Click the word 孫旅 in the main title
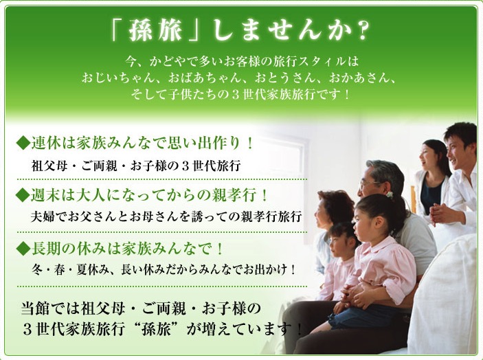(x=156, y=30)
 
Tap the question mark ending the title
(x=359, y=31)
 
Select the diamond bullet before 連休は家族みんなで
(x=23, y=144)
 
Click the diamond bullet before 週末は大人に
(x=23, y=195)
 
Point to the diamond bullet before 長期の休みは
(x=23, y=249)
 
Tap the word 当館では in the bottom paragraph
(x=49, y=308)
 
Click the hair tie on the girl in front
(x=390, y=194)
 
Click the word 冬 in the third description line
(x=37, y=270)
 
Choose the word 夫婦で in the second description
(x=48, y=216)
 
